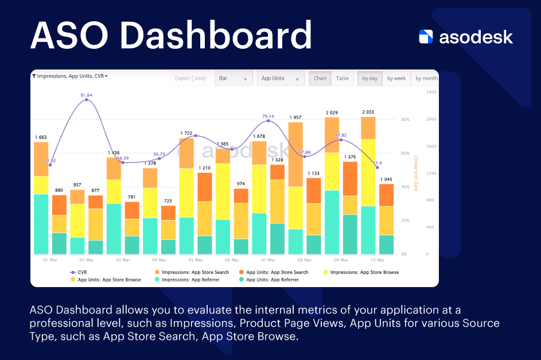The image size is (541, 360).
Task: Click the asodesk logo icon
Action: tap(426, 37)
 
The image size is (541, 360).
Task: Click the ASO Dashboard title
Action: tap(171, 35)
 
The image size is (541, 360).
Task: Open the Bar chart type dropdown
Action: tap(233, 79)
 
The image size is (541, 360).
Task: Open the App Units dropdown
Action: tap(281, 79)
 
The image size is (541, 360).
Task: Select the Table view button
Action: tap(342, 79)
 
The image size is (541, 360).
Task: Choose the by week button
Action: tap(396, 79)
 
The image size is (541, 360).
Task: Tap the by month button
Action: tap(426, 79)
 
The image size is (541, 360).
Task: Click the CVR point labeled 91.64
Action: tap(87, 100)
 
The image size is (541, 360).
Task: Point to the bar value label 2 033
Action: tap(368, 112)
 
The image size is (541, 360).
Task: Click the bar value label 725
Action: tap(168, 201)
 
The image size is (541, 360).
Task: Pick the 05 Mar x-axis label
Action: tap(194, 260)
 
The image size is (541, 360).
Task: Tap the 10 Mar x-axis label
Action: tap(376, 260)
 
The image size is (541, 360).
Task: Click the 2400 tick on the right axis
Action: tap(431, 92)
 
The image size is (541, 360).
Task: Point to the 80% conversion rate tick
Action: tap(405, 119)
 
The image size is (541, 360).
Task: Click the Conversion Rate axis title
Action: tap(416, 173)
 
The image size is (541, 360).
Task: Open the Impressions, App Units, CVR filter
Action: tap(70, 76)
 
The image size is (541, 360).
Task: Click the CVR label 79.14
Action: tap(268, 116)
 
